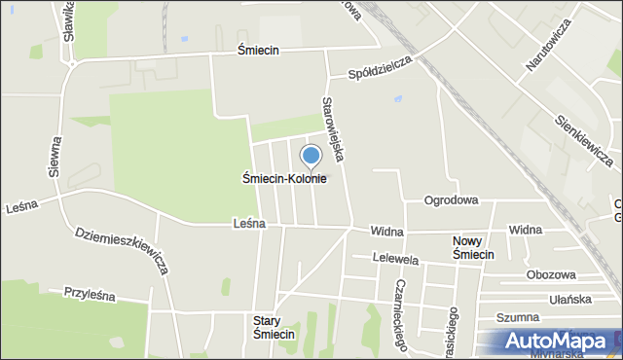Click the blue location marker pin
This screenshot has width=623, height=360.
pyautogui.click(x=311, y=157)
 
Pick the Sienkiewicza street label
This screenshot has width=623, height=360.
pyautogui.click(x=584, y=137)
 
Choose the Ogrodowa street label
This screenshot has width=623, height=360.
pyautogui.click(x=451, y=200)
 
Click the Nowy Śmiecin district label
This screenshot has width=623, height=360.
pyautogui.click(x=474, y=247)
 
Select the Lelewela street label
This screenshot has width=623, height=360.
pyautogui.click(x=396, y=260)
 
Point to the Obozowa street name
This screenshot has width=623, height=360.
pyautogui.click(x=550, y=275)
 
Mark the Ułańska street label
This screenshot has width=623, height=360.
pyautogui.click(x=570, y=299)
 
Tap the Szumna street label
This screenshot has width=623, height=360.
pyautogui.click(x=518, y=317)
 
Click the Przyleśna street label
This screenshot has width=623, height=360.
pyautogui.click(x=90, y=292)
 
